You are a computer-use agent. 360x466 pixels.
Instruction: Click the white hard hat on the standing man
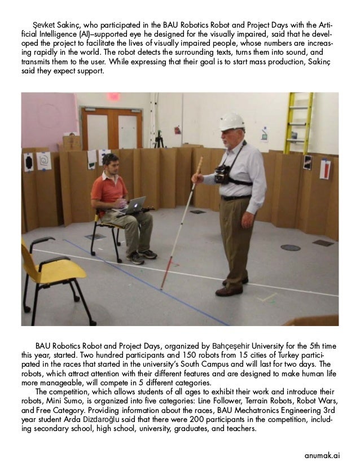click(232, 121)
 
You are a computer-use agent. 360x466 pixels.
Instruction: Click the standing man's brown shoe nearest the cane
click(228, 291)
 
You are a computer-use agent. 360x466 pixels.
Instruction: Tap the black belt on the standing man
click(237, 197)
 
